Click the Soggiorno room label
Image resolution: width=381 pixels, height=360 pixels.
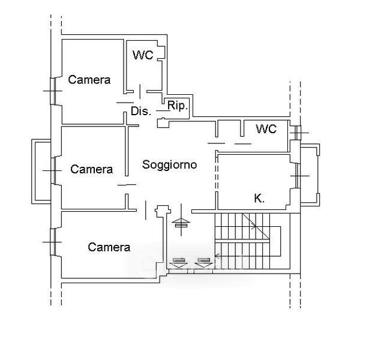click(169, 165)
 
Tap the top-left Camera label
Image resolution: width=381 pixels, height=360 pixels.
click(89, 80)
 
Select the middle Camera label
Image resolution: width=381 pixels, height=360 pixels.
click(92, 169)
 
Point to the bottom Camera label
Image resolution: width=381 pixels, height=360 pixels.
click(109, 247)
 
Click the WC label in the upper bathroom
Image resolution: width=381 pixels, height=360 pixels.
click(143, 55)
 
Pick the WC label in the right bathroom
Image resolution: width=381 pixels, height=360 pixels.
click(266, 129)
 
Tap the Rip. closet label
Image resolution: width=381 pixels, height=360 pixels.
click(178, 106)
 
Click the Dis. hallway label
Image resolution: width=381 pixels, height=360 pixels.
click(141, 111)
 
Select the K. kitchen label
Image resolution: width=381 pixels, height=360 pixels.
click(259, 199)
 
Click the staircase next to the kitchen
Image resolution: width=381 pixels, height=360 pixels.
click(248, 241)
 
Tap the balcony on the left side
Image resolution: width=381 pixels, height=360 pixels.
click(41, 172)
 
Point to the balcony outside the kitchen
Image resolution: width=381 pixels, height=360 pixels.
click(310, 175)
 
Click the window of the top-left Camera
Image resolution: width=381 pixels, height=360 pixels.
click(53, 91)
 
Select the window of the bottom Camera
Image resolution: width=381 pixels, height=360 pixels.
click(53, 242)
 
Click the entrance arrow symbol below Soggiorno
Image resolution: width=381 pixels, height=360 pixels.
click(181, 220)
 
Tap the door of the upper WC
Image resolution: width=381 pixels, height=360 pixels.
click(140, 92)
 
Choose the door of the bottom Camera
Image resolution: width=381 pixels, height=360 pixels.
click(146, 211)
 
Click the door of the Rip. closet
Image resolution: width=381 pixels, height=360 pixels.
click(163, 110)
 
